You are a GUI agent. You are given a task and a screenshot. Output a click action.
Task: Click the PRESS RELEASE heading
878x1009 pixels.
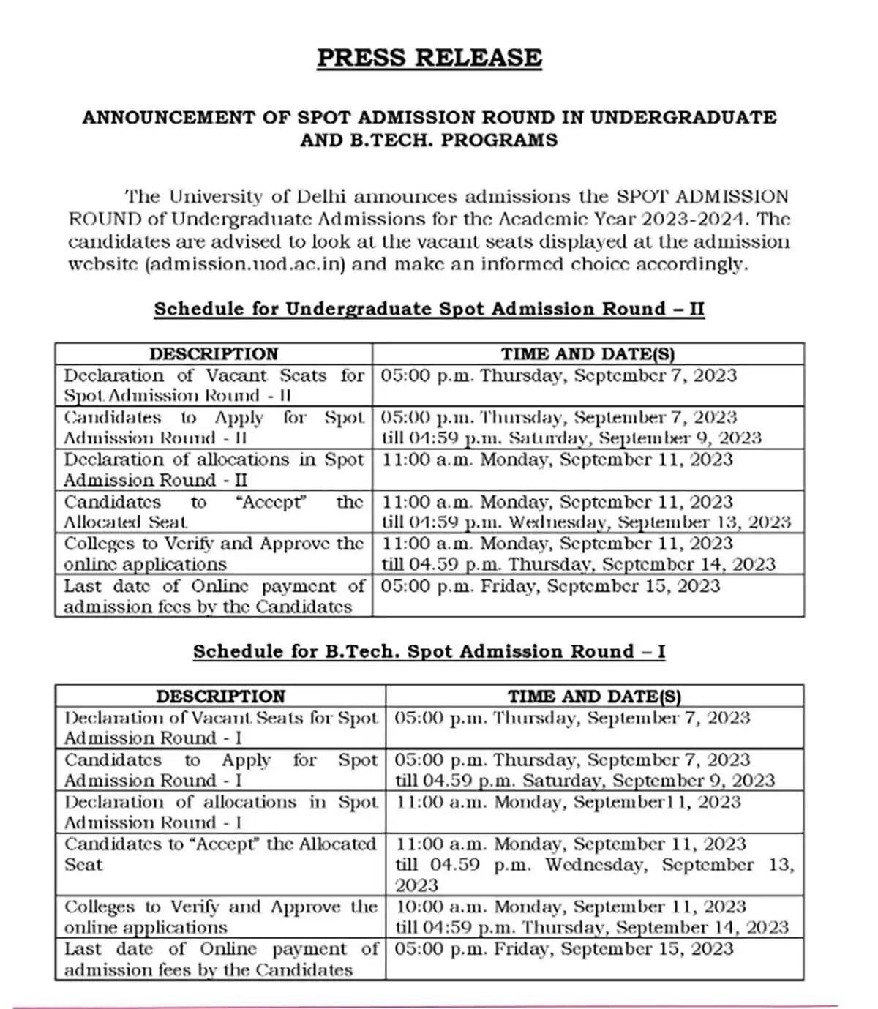[x=429, y=58]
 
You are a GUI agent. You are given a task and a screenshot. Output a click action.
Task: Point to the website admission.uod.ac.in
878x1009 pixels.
[x=244, y=264]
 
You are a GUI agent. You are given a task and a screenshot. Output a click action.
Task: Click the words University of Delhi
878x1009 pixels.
[x=258, y=196]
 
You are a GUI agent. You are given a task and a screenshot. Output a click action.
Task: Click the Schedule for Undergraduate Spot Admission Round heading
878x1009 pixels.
[x=429, y=309]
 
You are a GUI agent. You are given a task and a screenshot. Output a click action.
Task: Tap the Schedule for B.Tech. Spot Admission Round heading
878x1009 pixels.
[x=429, y=651]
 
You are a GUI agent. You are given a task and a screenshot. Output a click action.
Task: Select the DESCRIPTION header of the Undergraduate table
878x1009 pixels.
[x=214, y=354]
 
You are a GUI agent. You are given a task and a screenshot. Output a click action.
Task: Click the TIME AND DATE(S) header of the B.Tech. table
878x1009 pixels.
[x=594, y=697]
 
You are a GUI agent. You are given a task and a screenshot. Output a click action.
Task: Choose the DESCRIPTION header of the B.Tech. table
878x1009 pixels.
[x=220, y=697]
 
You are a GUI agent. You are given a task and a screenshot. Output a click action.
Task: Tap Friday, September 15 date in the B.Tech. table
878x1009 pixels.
[x=600, y=949]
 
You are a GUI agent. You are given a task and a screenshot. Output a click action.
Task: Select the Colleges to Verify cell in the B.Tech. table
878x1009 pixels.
[x=220, y=917]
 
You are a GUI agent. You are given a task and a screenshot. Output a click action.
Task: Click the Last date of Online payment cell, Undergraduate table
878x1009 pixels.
[x=214, y=596]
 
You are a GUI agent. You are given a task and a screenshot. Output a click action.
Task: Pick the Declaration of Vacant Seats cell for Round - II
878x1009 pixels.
[x=214, y=386]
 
